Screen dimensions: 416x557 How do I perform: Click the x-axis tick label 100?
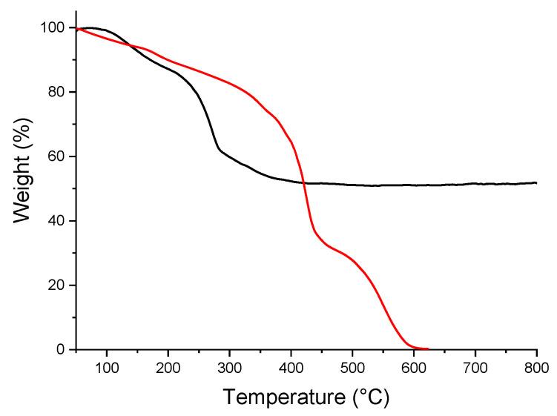[107, 367]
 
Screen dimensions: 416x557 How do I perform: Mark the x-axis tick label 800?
[536, 367]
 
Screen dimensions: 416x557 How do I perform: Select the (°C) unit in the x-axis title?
[365, 398]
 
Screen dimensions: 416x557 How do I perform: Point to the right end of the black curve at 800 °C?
[536, 182]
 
